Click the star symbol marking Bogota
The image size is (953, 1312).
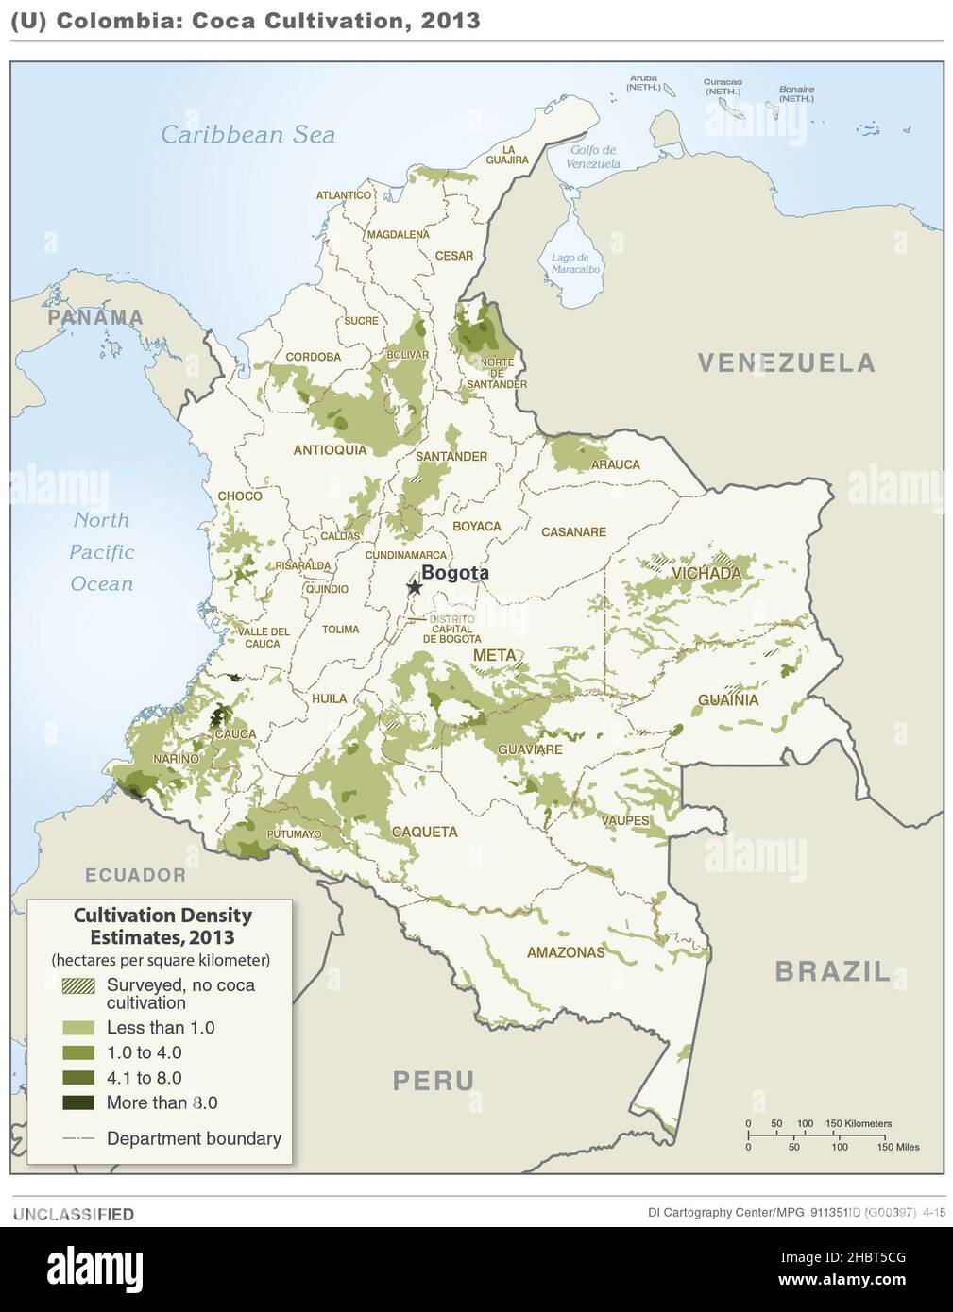(x=414, y=587)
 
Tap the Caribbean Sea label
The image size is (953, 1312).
(x=247, y=135)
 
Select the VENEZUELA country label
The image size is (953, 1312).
(x=786, y=362)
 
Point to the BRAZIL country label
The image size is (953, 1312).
(x=832, y=971)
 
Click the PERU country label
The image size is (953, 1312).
(x=434, y=1081)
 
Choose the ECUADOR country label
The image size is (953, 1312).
(x=136, y=875)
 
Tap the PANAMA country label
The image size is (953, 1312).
(x=95, y=318)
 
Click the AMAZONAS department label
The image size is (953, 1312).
(x=566, y=952)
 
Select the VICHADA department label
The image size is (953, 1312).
(x=706, y=573)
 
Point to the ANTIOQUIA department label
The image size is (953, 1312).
(x=330, y=450)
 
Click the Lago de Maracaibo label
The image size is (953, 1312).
(x=575, y=263)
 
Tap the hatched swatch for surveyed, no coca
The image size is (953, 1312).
(x=78, y=985)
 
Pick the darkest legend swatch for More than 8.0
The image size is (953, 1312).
(x=78, y=1102)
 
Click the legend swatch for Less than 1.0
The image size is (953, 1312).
(x=78, y=1028)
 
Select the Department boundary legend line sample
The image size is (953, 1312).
(x=78, y=1139)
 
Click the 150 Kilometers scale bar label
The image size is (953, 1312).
(x=858, y=1123)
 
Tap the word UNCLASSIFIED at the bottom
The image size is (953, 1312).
(x=74, y=1215)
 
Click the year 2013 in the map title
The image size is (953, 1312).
(x=451, y=21)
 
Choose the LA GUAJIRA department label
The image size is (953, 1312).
(x=507, y=155)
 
